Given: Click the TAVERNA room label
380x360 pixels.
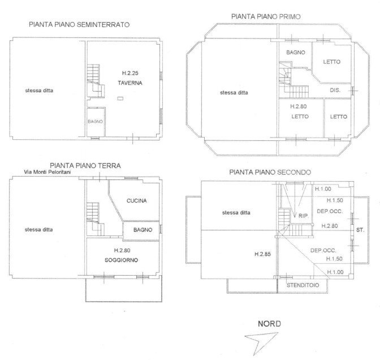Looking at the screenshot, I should click(x=129, y=83).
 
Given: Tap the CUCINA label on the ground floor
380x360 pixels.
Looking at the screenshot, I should click(x=137, y=200).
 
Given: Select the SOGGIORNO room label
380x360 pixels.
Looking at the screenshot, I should click(x=122, y=260).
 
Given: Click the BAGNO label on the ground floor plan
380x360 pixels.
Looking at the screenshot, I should click(x=140, y=230).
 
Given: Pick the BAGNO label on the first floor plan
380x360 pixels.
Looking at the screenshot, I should click(x=295, y=52).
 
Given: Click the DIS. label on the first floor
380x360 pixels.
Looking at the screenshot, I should click(x=334, y=91).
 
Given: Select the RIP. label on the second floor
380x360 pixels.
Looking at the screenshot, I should click(x=303, y=215).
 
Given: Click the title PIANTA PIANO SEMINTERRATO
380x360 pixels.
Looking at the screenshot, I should click(x=80, y=25).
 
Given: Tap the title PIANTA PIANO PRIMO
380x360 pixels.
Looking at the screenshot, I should click(x=266, y=17).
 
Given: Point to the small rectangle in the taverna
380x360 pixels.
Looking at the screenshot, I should click(x=120, y=99).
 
